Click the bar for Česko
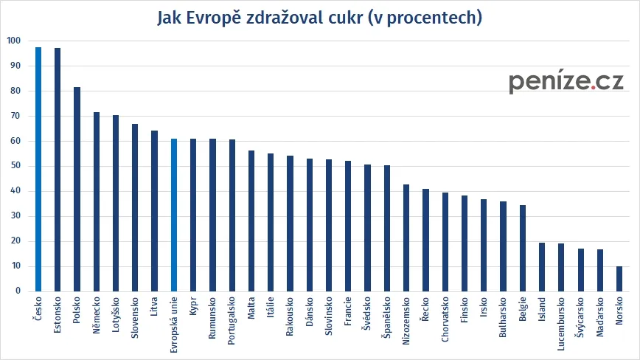point(38,170)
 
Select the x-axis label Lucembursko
point(561,324)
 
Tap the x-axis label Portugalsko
point(232,324)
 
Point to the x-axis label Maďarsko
point(600,319)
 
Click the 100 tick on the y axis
point(14,41)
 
